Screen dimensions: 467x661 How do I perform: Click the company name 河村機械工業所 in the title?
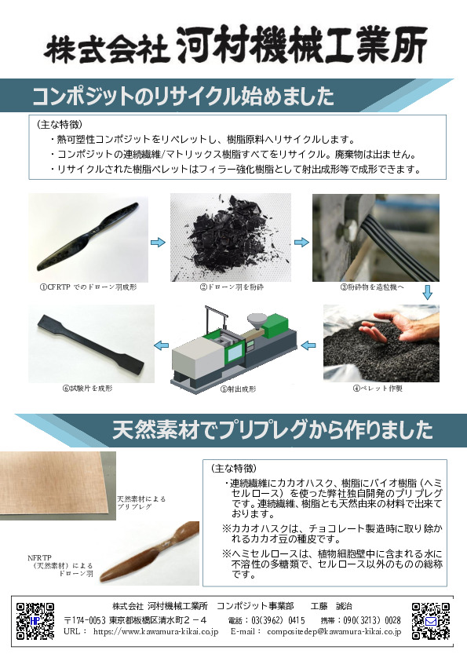tap(302, 45)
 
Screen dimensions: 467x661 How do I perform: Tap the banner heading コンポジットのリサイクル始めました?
tap(184, 96)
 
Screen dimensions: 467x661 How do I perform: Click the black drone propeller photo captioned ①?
tap(88, 237)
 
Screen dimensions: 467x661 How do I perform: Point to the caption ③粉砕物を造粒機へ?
tap(372, 287)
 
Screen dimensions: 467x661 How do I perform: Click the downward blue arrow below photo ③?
tap(428, 292)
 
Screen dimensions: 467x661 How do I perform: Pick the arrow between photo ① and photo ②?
tap(158, 243)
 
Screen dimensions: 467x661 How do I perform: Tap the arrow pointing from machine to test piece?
tap(162, 345)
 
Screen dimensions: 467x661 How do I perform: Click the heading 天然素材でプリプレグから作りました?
tap(272, 430)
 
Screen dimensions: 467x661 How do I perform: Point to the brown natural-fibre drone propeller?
tap(150, 553)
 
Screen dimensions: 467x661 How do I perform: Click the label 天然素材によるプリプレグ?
tap(141, 503)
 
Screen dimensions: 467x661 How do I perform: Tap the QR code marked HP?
tap(35, 621)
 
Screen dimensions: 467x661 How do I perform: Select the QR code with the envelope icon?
tap(430, 621)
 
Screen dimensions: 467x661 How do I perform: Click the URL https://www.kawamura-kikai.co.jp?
tap(155, 631)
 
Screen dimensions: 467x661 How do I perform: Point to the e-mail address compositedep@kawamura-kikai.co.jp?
tap(334, 631)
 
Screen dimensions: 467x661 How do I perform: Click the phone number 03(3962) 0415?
tap(278, 620)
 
